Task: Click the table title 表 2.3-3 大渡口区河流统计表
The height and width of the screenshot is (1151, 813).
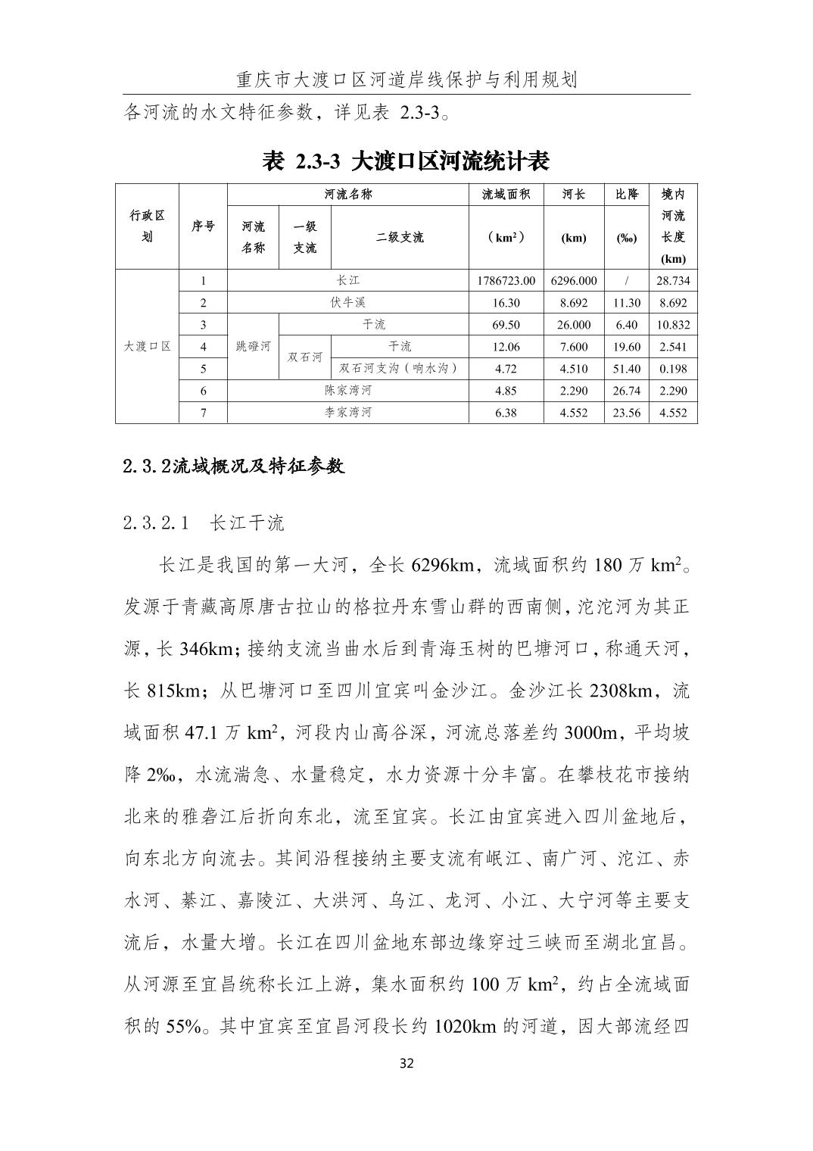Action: tap(406, 161)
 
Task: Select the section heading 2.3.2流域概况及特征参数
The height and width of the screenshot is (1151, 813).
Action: tap(234, 466)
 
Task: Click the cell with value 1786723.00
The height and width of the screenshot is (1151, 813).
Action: tap(506, 281)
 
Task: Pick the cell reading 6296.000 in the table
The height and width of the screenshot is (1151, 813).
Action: tap(574, 281)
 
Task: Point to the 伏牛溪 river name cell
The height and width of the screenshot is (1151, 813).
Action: tap(348, 303)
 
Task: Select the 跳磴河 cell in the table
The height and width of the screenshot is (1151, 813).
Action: tap(253, 347)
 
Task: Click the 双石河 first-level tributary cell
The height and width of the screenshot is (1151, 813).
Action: tap(305, 357)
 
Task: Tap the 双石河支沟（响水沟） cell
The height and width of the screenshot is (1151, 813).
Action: tap(400, 369)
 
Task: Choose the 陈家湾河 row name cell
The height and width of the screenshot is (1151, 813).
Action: tap(348, 391)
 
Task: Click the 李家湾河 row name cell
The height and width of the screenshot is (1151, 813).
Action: tap(348, 413)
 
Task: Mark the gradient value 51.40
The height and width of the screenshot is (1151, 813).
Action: tap(627, 369)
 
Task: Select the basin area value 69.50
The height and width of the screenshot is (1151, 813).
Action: tap(506, 325)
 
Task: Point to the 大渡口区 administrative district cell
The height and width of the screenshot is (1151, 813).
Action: tap(148, 347)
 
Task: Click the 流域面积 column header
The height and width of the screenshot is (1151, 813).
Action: tap(506, 195)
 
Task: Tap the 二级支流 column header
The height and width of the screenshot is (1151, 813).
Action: tap(400, 237)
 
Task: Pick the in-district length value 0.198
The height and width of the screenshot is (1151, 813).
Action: tap(673, 369)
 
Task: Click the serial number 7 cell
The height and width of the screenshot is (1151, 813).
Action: tap(203, 413)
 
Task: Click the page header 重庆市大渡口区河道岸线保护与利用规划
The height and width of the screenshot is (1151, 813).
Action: tap(406, 80)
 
